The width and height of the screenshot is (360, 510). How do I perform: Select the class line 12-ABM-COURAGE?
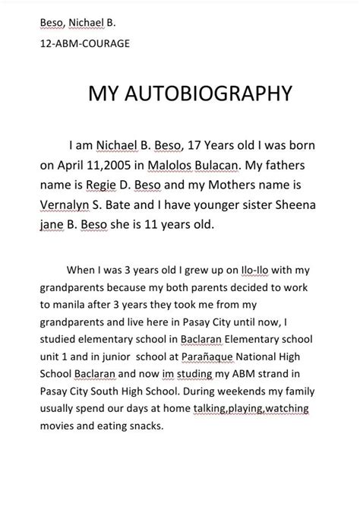pos(84,43)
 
